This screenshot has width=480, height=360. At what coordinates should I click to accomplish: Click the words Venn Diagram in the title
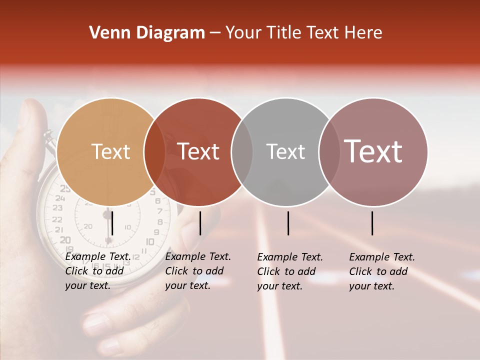coord(147,33)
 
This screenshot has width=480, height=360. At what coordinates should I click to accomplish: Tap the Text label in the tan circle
coord(111,151)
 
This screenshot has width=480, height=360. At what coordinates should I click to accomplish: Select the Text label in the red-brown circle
coord(198,151)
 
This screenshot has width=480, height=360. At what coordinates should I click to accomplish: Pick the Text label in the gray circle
coord(285,151)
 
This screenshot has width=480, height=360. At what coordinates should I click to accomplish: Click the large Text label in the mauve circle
coord(373,151)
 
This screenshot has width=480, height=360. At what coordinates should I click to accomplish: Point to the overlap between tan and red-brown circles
coord(154,151)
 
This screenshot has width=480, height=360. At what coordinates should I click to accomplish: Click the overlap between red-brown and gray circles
coord(242,151)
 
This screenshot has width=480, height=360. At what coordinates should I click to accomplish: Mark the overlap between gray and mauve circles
coord(328,151)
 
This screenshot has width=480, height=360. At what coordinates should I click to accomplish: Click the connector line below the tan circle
coord(112,223)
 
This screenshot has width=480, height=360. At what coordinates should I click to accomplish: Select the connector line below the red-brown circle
coord(200,223)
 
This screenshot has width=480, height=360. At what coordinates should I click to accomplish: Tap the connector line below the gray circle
coord(288,223)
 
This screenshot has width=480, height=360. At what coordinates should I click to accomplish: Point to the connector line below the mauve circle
coord(372,223)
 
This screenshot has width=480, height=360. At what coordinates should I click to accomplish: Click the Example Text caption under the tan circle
coord(97,271)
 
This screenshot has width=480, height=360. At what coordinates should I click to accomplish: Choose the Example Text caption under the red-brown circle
coord(197,271)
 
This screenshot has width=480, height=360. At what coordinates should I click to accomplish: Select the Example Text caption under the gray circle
coord(289,271)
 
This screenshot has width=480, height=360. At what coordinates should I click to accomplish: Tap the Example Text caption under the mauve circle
coord(381,271)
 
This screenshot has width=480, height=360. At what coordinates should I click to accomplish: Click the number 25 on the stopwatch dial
coord(65,188)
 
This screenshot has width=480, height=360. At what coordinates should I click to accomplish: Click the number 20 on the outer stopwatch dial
coord(65,240)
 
